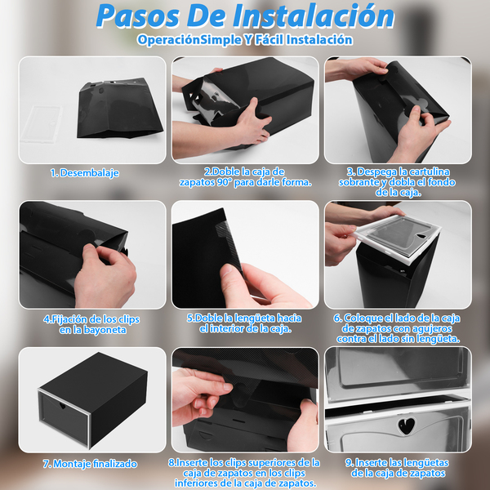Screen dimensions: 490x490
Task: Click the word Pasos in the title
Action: tap(138, 16)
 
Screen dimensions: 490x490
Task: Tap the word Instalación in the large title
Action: tap(314, 16)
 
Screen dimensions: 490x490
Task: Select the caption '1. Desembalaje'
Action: tap(85, 173)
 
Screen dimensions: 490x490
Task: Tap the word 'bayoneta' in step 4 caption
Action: tap(104, 330)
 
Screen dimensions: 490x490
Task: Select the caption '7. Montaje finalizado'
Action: tap(90, 464)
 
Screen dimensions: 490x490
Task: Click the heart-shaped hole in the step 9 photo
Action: tap(406, 425)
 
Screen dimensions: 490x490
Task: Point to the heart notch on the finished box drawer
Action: tap(63, 406)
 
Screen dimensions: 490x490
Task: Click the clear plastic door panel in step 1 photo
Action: tap(41, 124)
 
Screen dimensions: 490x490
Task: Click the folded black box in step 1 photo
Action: tap(119, 108)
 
